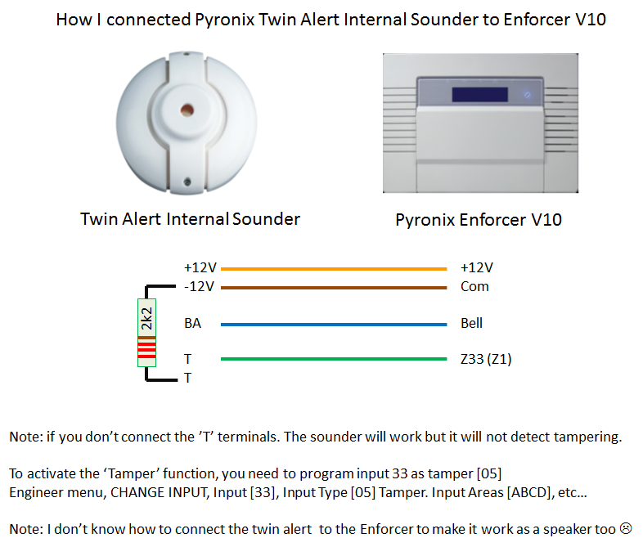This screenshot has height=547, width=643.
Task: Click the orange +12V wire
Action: pyautogui.click(x=334, y=269)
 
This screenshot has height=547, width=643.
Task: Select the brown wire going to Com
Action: pyautogui.click(x=334, y=288)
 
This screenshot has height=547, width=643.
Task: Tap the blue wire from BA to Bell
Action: pyautogui.click(x=334, y=325)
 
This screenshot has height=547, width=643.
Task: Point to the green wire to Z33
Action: pyautogui.click(x=334, y=359)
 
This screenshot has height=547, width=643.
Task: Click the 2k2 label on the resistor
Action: pyautogui.click(x=146, y=319)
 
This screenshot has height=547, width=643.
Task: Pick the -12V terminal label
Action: pyautogui.click(x=200, y=286)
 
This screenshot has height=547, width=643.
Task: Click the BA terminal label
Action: pyautogui.click(x=193, y=323)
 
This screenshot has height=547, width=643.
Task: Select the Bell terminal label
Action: pyautogui.click(x=471, y=323)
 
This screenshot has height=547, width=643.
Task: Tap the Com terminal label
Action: pyautogui.click(x=474, y=286)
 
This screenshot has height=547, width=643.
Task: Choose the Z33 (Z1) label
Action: pyautogui.click(x=487, y=359)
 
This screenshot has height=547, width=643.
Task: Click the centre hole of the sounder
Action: pyautogui.click(x=187, y=110)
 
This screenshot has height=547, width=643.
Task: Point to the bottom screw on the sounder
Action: pyautogui.click(x=187, y=182)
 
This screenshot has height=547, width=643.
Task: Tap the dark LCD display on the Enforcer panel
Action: pyautogui.click(x=479, y=95)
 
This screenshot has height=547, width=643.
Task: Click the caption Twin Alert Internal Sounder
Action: pyautogui.click(x=191, y=219)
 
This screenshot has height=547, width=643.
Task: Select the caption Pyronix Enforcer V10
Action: pyautogui.click(x=479, y=220)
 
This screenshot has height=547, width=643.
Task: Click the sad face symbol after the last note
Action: pyautogui.click(x=626, y=528)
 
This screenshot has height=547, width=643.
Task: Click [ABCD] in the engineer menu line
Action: pyautogui.click(x=529, y=492)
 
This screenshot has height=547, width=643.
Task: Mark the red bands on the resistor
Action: pyautogui.click(x=146, y=350)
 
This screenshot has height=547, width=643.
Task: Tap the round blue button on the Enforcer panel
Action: pyautogui.click(x=528, y=95)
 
